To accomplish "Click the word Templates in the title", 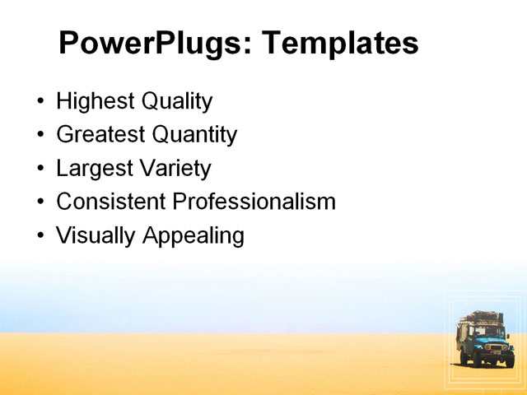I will tap(340, 44).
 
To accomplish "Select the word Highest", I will tap(96, 102).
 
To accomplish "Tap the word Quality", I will tap(177, 102).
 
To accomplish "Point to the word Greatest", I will tap(103, 135).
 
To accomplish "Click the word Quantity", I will tap(197, 135).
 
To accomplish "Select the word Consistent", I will tap(111, 202).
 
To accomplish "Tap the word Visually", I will tap(96, 236).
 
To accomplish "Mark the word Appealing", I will tap(194, 236).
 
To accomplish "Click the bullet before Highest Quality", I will tap(41, 103).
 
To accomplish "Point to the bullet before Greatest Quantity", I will tap(41, 136).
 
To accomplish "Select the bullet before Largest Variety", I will tap(41, 170).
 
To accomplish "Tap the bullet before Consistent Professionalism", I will tap(41, 202).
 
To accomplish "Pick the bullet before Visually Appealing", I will tap(41, 236).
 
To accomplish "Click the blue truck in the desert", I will tap(485, 341).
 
